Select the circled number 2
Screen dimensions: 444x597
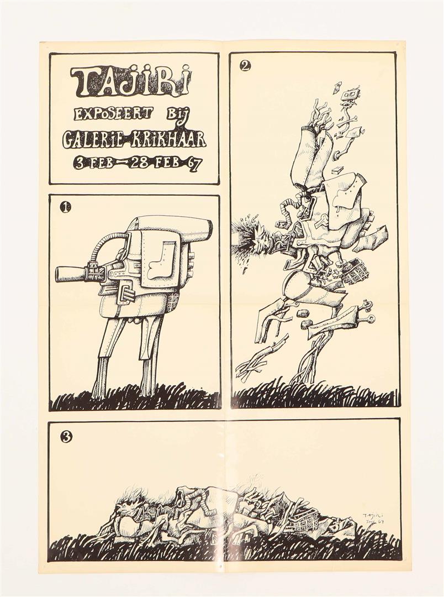coord(245,66)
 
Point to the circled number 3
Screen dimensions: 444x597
coord(66,437)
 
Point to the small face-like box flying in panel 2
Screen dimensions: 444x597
coord(351,93)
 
